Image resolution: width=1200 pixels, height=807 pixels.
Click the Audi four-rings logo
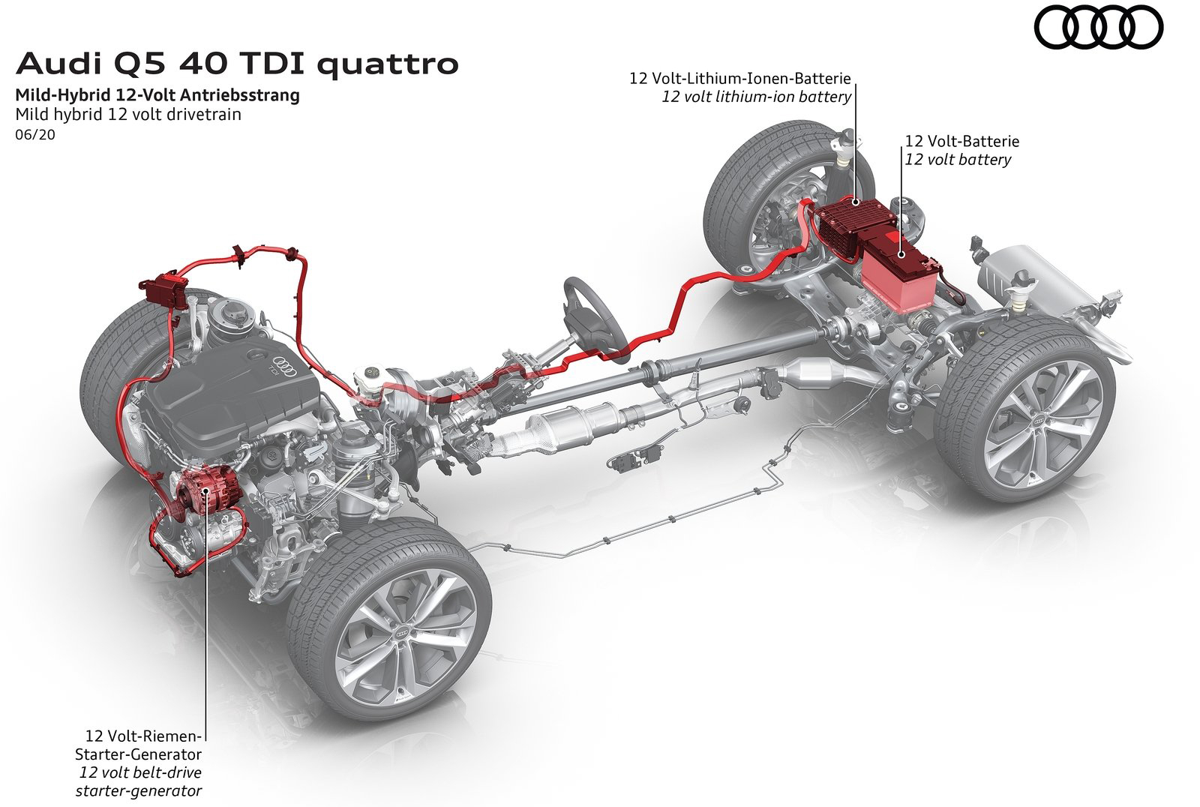point(1098,29)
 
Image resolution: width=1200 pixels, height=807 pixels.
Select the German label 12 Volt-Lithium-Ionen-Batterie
point(741,78)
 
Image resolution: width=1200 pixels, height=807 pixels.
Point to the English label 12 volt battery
point(958,159)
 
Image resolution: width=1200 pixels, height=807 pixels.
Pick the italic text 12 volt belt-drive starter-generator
point(139,781)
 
